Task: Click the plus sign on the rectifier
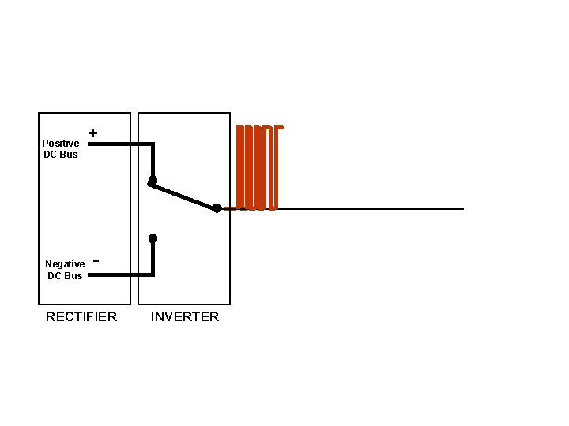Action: click(x=93, y=133)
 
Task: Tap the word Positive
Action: click(x=60, y=144)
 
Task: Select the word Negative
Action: click(x=65, y=264)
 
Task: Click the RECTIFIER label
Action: click(x=81, y=317)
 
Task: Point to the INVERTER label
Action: click(x=185, y=317)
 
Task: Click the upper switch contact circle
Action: click(x=153, y=181)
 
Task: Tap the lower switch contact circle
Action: click(x=153, y=238)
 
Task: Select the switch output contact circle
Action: click(x=217, y=208)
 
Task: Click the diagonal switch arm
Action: click(x=184, y=194)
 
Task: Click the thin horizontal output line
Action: click(x=371, y=209)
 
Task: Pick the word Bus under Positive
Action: click(x=69, y=155)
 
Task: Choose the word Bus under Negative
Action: click(x=73, y=276)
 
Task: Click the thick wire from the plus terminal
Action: click(x=122, y=144)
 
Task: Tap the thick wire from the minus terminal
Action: click(x=122, y=275)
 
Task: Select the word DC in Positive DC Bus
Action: click(x=51, y=155)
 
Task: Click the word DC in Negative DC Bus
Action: click(x=55, y=276)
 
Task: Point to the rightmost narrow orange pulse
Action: click(x=281, y=167)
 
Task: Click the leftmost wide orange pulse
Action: click(x=242, y=167)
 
